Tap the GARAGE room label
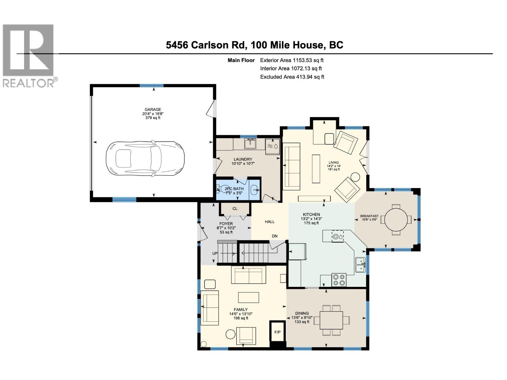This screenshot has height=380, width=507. pyautogui.click(x=153, y=110)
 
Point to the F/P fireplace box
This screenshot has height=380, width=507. pyautogui.click(x=277, y=332)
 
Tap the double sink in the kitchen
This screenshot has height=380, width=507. pyautogui.click(x=360, y=265)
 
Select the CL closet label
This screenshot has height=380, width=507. pyautogui.click(x=235, y=209)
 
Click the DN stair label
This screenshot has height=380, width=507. pyautogui.click(x=275, y=236)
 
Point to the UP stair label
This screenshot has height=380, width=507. pyautogui.click(x=215, y=253)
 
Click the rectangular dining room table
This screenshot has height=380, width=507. pyautogui.click(x=331, y=320)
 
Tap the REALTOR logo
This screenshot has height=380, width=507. pyautogui.click(x=29, y=55)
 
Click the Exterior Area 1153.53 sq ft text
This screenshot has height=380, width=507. pyautogui.click(x=292, y=60)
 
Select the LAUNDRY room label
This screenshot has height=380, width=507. pyautogui.click(x=243, y=159)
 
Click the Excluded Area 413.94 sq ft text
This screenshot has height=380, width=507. pyautogui.click(x=292, y=77)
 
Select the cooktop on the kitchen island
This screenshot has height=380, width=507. pyautogui.click(x=338, y=236)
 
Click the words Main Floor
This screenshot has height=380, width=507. pyautogui.click(x=241, y=60)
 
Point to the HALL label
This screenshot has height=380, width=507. pyautogui.click(x=270, y=222)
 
